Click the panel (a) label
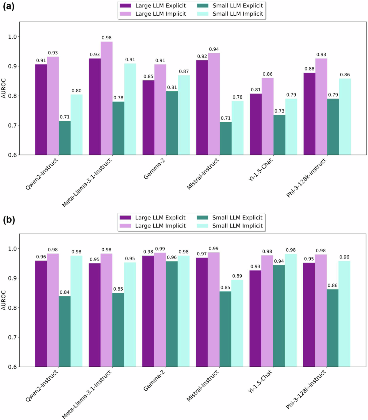(9, 6)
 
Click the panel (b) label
(9, 220)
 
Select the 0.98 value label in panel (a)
(106, 38)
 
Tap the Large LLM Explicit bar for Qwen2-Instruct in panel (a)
(41, 109)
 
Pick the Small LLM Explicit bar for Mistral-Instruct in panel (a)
(226, 138)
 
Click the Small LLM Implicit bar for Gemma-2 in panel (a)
(184, 115)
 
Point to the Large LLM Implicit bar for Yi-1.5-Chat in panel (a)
(267, 116)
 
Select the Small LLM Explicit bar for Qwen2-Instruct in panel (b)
(65, 331)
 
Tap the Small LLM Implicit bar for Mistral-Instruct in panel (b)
(237, 323)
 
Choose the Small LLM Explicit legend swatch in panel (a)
(202, 6)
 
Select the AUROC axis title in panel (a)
(4, 88)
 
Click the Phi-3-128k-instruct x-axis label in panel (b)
(306, 390)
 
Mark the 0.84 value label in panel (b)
(65, 292)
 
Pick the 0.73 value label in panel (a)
(279, 111)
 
